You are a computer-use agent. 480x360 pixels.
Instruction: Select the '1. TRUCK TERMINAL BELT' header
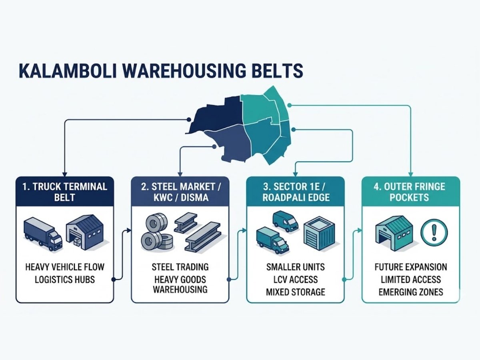[65, 192]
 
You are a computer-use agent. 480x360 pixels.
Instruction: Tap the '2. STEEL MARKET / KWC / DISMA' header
[180, 192]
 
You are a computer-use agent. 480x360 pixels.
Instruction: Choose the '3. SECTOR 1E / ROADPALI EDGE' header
[295, 192]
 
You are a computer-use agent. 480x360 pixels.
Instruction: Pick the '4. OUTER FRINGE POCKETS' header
[411, 192]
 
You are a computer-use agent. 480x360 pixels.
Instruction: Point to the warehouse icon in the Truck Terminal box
[85, 232]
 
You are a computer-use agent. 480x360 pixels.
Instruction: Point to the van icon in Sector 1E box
[285, 220]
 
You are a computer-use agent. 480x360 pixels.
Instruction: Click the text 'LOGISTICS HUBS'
[65, 279]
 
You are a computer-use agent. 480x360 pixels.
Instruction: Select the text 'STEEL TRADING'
[180, 267]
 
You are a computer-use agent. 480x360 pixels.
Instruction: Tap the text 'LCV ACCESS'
[295, 279]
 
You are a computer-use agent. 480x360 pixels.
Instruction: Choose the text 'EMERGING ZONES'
[411, 292]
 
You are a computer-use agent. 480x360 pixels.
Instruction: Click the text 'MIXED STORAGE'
[295, 292]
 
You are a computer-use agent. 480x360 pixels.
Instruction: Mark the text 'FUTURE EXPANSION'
[411, 267]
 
